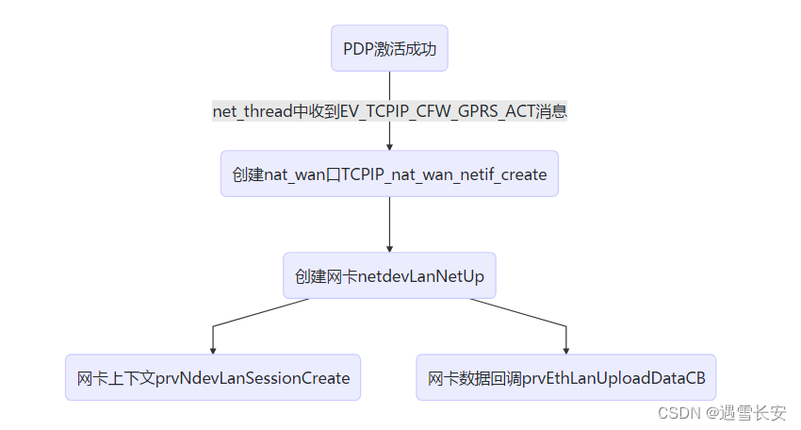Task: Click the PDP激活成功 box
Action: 389,49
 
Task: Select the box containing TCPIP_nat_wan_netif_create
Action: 389,174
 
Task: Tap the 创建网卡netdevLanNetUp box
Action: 389,276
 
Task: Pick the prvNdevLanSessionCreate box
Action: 213,378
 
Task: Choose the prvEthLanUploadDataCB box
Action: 565,378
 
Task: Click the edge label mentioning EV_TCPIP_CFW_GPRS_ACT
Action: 389,111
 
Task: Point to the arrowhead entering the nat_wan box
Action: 389,146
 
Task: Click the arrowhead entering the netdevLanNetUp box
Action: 389,248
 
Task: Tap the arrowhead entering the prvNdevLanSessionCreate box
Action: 213,350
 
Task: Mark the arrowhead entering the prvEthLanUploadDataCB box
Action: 565,350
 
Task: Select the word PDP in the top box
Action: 358,49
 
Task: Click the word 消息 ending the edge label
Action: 550,111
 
